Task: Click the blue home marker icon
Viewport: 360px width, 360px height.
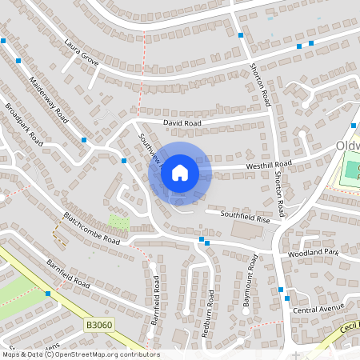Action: coord(180,172)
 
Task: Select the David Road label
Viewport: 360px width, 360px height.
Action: coord(182,123)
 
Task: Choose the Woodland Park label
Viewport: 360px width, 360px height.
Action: coord(314,253)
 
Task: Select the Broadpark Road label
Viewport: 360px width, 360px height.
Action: coord(23,122)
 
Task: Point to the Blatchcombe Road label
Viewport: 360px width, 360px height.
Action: coord(91,229)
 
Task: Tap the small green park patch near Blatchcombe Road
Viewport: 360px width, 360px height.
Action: coord(118,221)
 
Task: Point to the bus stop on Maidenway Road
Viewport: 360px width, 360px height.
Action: coord(83,140)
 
